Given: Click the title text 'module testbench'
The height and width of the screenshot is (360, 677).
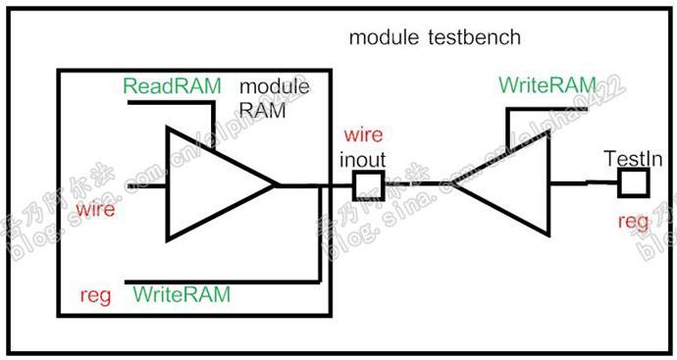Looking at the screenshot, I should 435,38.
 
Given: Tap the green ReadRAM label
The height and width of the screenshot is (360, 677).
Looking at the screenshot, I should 172,86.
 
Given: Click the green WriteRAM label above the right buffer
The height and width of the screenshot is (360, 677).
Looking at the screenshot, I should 546,85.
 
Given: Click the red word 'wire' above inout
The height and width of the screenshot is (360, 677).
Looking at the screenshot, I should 362,134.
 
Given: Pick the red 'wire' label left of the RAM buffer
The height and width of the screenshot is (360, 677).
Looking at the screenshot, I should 96,209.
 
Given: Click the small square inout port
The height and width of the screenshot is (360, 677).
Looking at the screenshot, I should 367,183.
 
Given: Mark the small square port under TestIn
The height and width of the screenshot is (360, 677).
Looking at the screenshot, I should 633,181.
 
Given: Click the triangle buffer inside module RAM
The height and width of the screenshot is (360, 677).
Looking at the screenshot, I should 211,183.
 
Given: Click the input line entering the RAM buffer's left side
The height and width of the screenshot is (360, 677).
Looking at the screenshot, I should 147,183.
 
